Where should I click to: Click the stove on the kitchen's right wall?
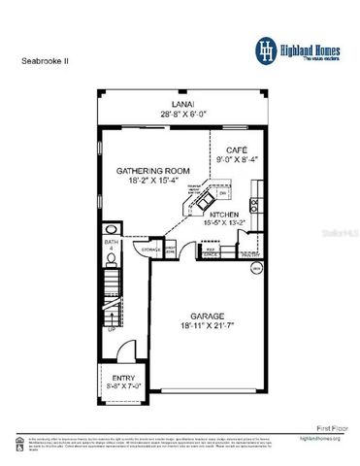click(253, 204)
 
